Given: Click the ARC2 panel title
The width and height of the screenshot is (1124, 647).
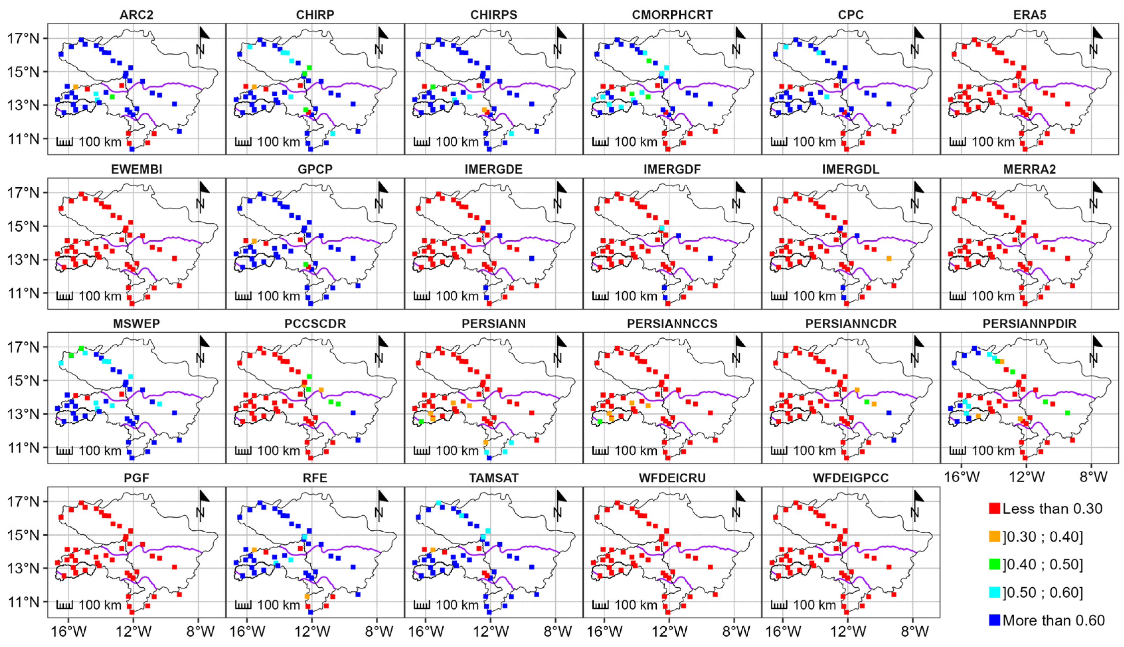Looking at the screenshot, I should pyautogui.click(x=136, y=15).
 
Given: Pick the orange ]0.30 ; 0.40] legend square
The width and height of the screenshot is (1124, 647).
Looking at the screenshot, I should pyautogui.click(x=995, y=536).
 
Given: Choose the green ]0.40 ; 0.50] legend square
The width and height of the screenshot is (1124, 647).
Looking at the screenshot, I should pyautogui.click(x=995, y=564).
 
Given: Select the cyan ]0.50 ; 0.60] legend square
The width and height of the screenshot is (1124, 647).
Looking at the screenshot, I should pyautogui.click(x=995, y=592).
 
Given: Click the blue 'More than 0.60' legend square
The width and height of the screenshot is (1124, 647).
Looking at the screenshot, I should pyautogui.click(x=995, y=620).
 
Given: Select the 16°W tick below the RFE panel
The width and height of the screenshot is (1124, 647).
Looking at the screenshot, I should pyautogui.click(x=247, y=631).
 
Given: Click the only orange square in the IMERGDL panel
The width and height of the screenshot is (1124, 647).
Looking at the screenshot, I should pyautogui.click(x=889, y=258).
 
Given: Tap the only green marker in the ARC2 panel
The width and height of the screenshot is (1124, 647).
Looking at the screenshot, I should pyautogui.click(x=112, y=96).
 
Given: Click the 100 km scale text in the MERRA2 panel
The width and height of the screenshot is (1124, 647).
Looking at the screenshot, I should pyautogui.click(x=993, y=296).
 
